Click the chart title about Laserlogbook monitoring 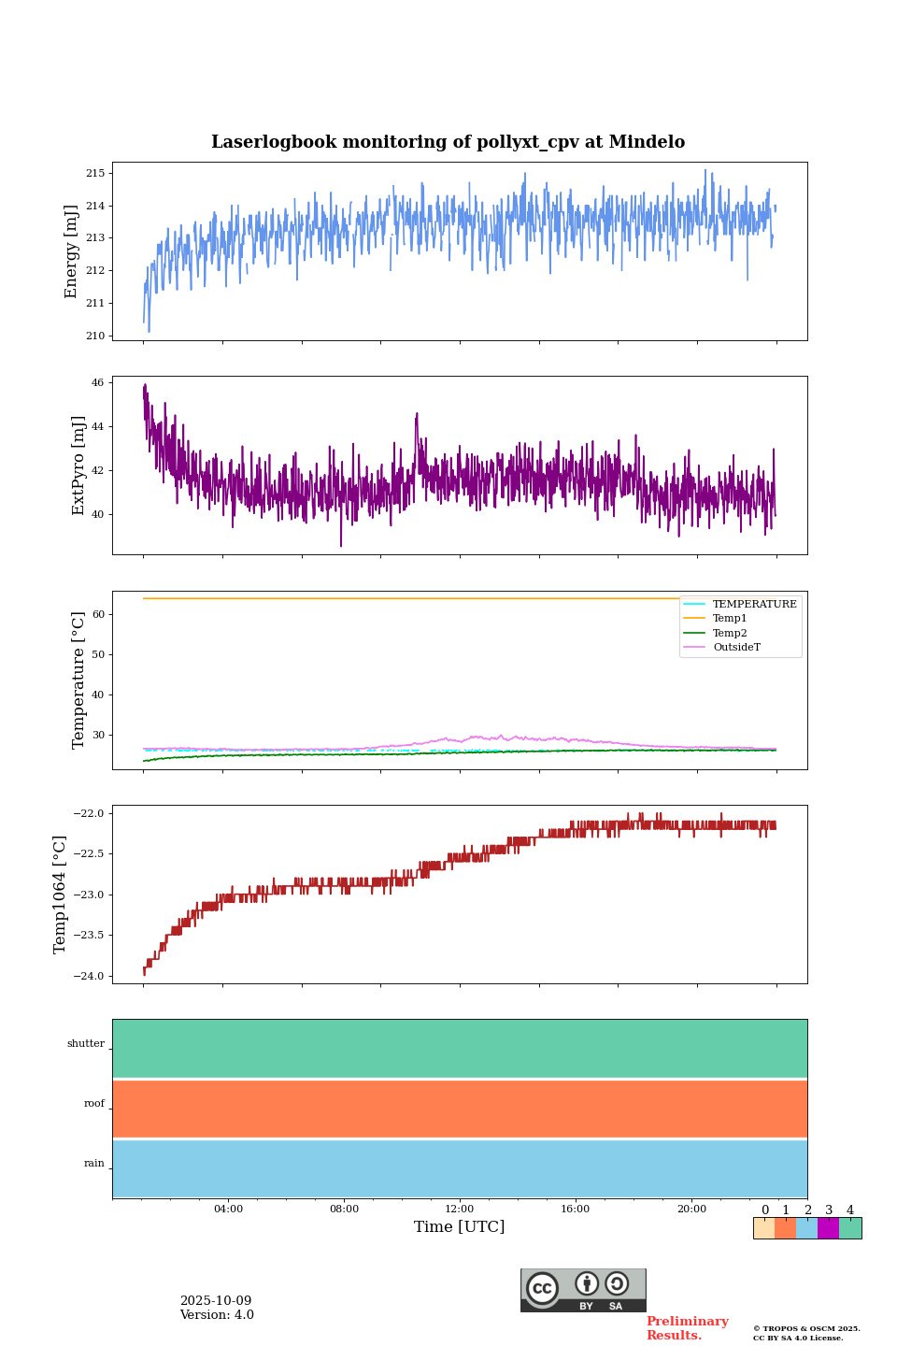[x=448, y=142]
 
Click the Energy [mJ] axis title [x=71, y=251]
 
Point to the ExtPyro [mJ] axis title [x=78, y=465]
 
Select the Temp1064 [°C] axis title [x=60, y=895]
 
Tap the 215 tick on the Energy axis [x=95, y=174]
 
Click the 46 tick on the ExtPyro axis [x=95, y=383]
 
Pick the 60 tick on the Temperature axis [x=98, y=615]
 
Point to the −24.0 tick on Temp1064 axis [x=92, y=977]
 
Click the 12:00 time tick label [x=460, y=1210]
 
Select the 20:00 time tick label [x=691, y=1210]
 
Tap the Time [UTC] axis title [x=460, y=1227]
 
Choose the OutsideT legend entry [x=736, y=648]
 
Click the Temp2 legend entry [x=730, y=634]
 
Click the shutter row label [x=86, y=1044]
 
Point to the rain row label [x=94, y=1164]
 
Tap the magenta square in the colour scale [x=828, y=1228]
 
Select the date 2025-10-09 [x=216, y=1301]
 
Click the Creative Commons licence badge [x=583, y=1290]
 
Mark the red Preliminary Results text [x=687, y=1328]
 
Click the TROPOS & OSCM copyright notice [x=806, y=1333]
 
